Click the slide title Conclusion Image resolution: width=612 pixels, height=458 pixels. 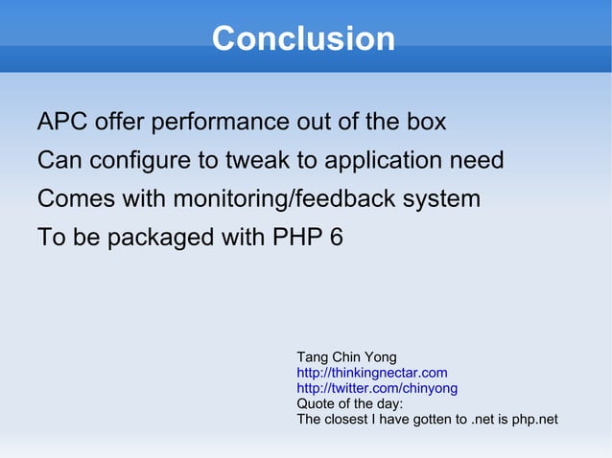[x=303, y=39]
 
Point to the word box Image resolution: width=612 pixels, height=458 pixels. [x=425, y=123]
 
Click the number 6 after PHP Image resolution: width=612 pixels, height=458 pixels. [x=336, y=238]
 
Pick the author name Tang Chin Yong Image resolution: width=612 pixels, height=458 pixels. [x=346, y=357]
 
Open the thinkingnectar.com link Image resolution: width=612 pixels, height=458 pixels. [x=372, y=373]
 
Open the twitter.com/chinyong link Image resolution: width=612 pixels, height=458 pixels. [x=377, y=388]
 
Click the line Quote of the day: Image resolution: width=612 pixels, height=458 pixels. [x=350, y=403]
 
